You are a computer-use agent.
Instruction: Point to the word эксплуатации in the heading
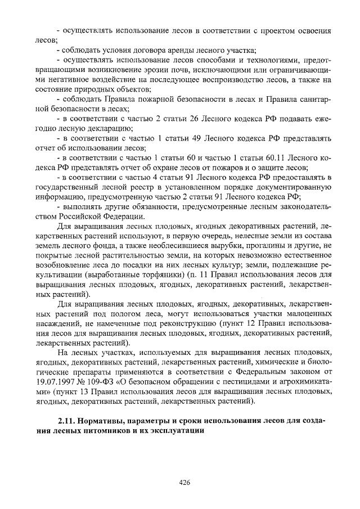174,431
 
